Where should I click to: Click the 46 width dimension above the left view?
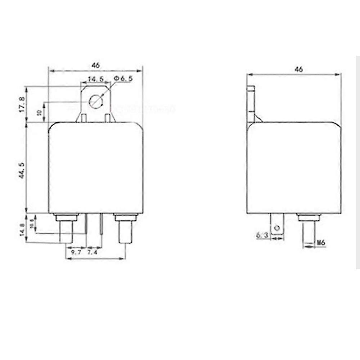(x=95, y=66)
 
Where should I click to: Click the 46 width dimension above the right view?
(x=298, y=69)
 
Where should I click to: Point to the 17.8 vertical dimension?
(x=23, y=104)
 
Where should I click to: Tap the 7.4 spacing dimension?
(x=93, y=253)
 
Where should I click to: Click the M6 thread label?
(x=321, y=243)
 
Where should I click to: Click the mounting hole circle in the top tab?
(x=95, y=100)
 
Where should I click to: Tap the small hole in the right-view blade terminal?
(x=277, y=228)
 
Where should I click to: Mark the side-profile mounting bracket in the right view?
(x=252, y=104)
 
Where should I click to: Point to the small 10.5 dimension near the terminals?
(x=32, y=224)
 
